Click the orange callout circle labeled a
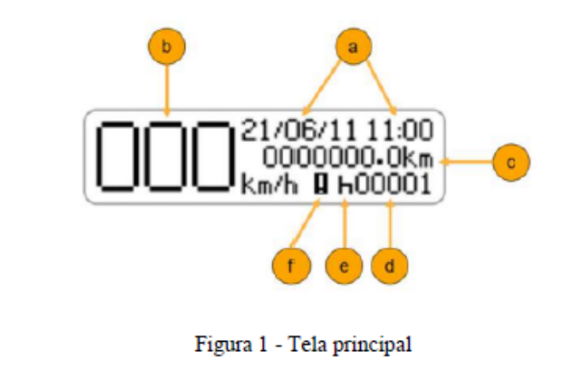click(353, 47)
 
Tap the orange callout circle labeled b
click(166, 47)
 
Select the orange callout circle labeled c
click(511, 162)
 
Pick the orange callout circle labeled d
click(389, 266)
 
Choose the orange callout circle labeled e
click(344, 266)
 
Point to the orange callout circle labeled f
click(291, 266)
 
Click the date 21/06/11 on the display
click(299, 130)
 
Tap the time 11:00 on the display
click(400, 130)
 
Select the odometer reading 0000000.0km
click(348, 158)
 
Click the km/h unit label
click(270, 185)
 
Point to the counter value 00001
click(393, 185)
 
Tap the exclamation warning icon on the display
click(322, 185)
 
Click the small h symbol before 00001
click(345, 185)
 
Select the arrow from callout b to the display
click(167, 90)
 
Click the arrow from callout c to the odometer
click(468, 161)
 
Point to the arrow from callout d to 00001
click(391, 224)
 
